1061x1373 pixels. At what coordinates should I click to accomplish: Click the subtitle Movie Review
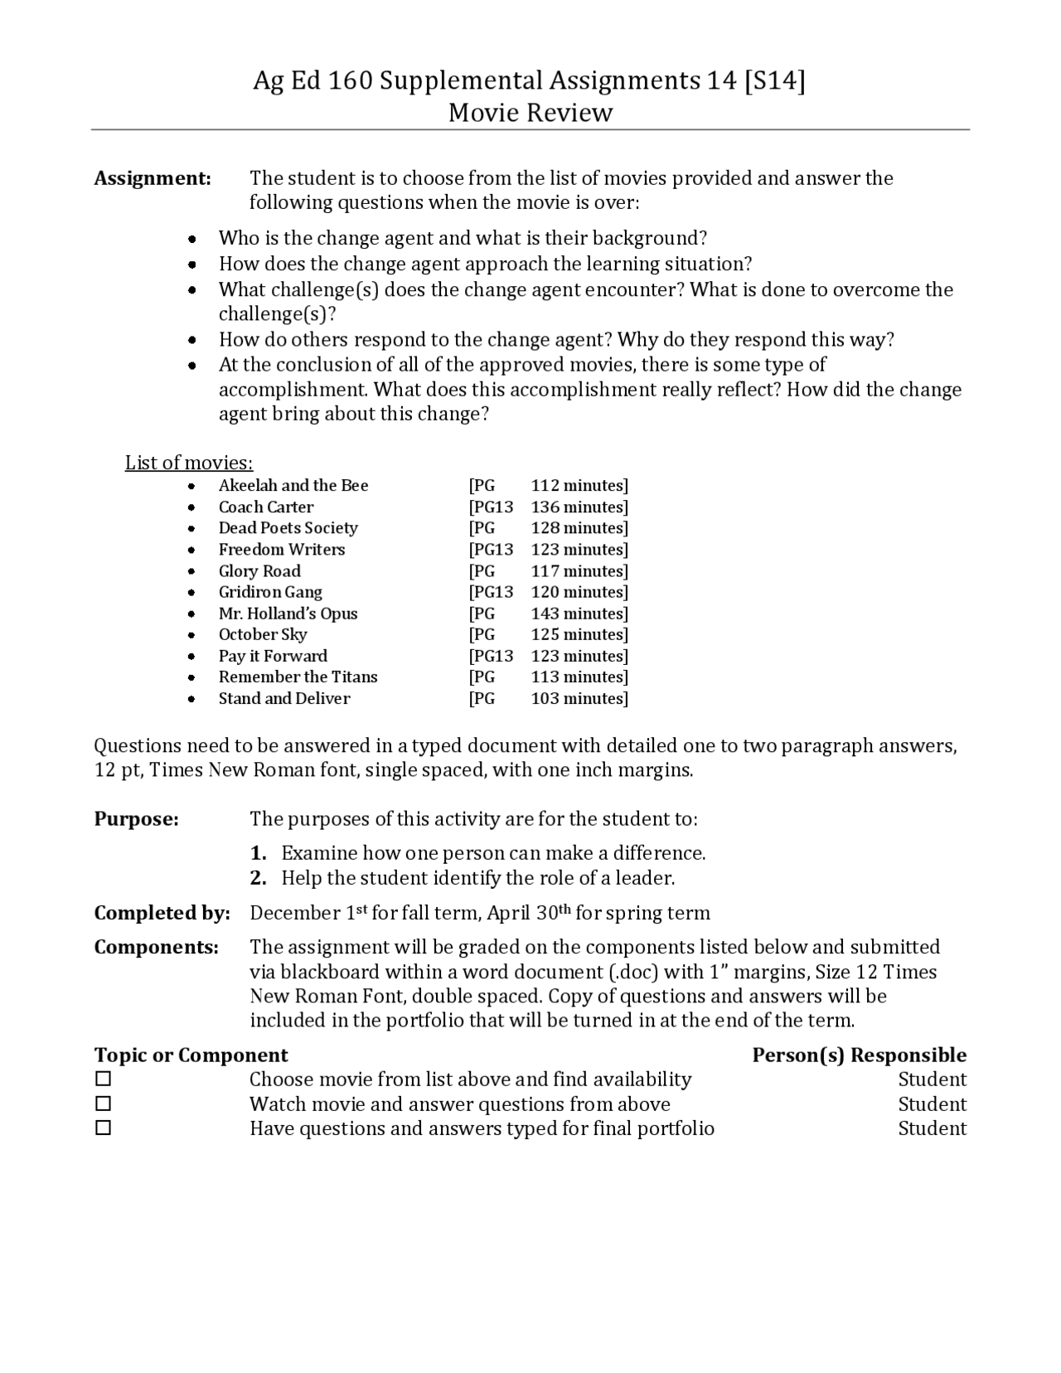tap(530, 113)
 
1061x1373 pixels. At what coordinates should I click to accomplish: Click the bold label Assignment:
tap(153, 178)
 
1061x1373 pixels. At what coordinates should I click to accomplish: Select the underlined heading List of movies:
tap(189, 463)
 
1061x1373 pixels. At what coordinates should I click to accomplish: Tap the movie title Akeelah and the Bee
tap(293, 486)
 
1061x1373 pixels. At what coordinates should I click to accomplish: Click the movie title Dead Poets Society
tap(288, 528)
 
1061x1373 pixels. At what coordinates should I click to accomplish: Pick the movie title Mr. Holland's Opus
tap(288, 614)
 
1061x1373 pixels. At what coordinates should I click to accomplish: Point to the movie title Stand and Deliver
tap(284, 699)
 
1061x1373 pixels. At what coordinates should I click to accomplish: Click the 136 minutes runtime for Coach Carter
tap(579, 507)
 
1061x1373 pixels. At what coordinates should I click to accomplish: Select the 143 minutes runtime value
tap(579, 614)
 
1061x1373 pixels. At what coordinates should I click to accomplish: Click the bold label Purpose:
tap(136, 819)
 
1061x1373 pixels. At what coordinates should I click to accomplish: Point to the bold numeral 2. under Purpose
tap(259, 878)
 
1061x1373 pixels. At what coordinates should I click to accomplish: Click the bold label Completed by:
tap(162, 913)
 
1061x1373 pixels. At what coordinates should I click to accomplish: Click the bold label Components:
tap(156, 947)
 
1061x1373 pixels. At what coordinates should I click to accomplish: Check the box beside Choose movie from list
tap(103, 1079)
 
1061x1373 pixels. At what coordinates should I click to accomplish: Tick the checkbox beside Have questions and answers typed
tap(103, 1128)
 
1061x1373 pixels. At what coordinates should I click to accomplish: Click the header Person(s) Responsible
tap(859, 1055)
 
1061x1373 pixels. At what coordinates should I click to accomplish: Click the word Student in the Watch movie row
tap(932, 1104)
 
